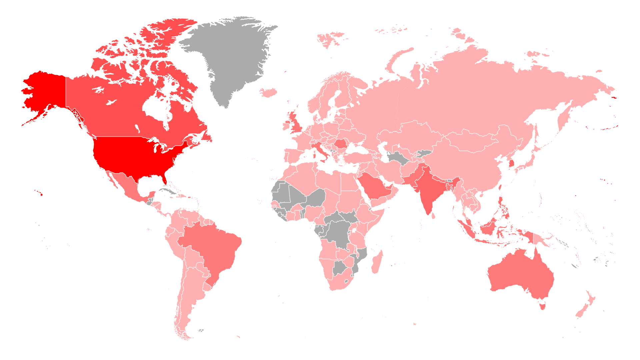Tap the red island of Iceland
(268, 92)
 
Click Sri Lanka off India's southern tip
(433, 216)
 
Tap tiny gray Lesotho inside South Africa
(346, 282)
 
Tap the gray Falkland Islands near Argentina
(201, 331)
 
